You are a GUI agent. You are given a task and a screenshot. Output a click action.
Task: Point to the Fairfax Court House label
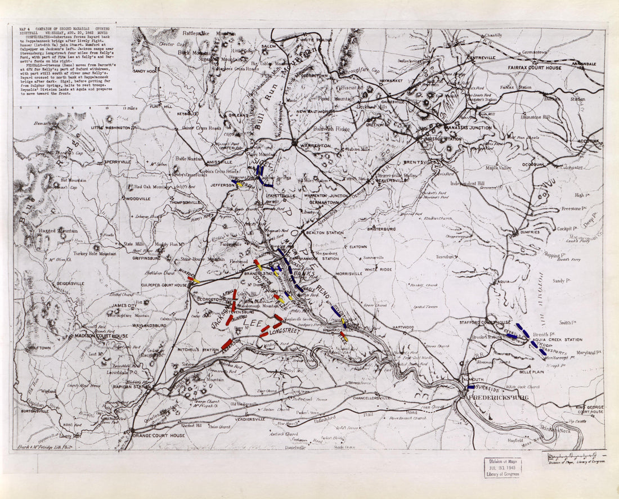click(535, 68)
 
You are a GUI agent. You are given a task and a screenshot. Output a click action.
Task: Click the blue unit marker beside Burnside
click(471, 387)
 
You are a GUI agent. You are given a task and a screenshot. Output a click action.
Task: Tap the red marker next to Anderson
click(226, 344)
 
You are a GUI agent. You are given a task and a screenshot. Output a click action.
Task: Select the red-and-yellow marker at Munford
click(193, 279)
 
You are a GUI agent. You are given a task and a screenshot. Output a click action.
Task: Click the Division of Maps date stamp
click(503, 467)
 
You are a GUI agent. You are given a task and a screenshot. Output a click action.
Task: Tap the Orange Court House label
click(158, 435)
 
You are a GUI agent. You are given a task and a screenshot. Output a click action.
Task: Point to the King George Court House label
click(589, 408)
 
